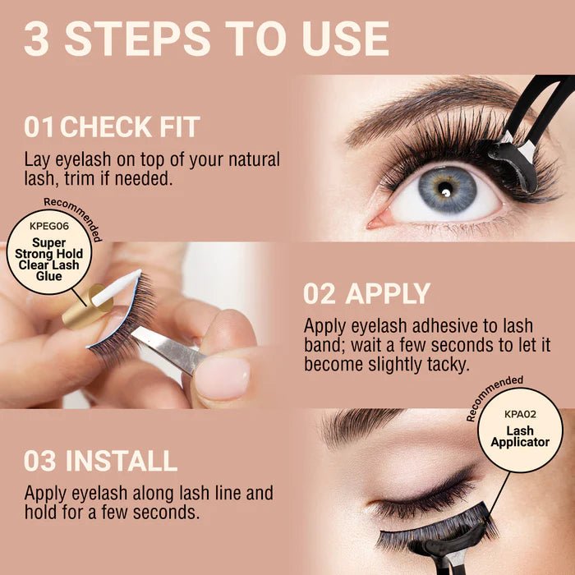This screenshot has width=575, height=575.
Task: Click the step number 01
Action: [x=40, y=127]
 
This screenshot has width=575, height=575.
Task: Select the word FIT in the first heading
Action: [x=178, y=127]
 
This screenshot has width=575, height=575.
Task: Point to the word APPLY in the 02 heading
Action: [x=389, y=293]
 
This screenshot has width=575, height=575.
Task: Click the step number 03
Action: [x=40, y=461]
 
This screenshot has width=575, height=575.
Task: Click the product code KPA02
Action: [x=520, y=414]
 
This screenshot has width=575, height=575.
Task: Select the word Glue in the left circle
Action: [x=49, y=277]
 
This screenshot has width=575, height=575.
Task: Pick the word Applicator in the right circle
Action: [x=520, y=443]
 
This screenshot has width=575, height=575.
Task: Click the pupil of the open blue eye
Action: [x=444, y=191]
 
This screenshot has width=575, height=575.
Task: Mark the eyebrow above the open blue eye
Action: [x=427, y=111]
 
